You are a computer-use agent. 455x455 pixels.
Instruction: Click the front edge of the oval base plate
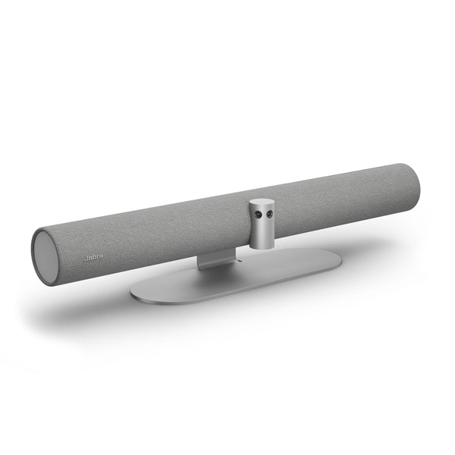tap(227, 289)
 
